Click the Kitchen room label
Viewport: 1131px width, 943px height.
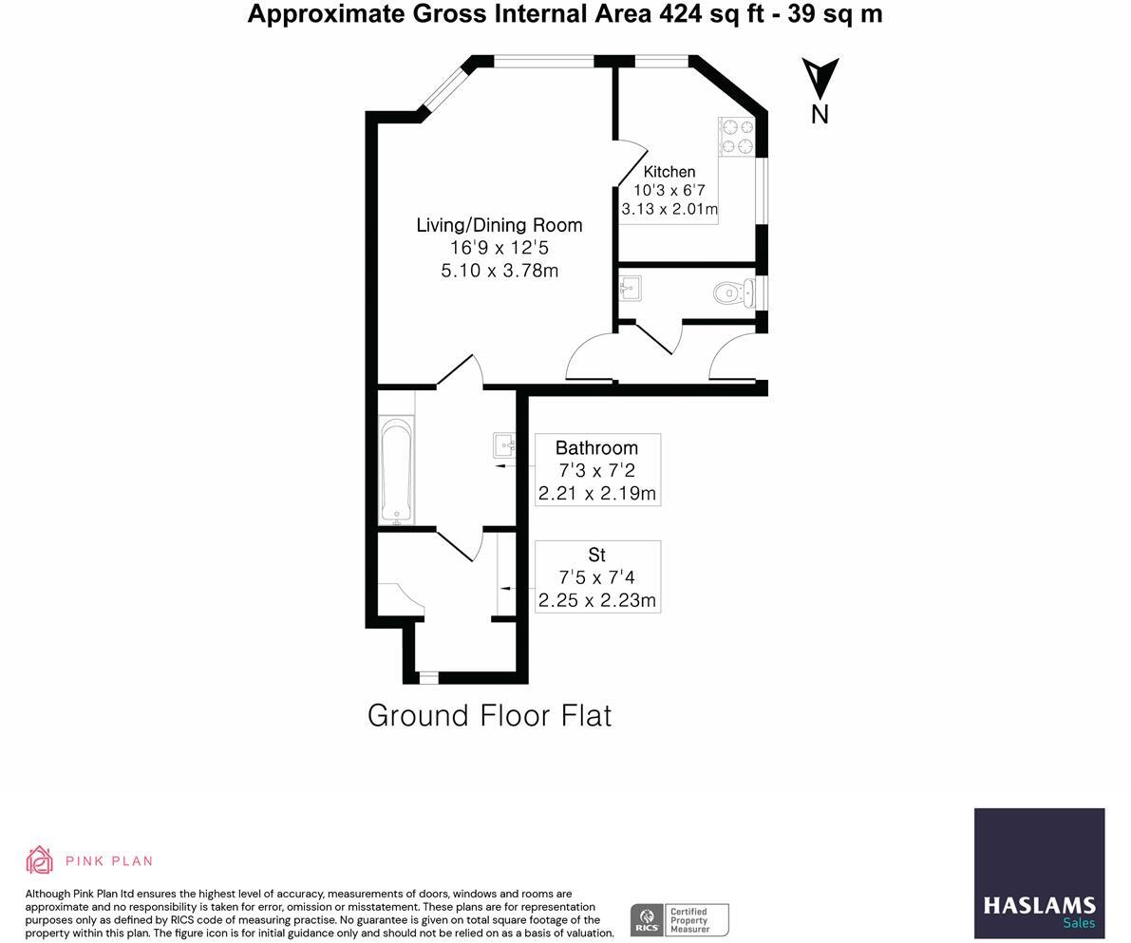[669, 172]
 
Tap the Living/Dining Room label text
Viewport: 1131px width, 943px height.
[500, 225]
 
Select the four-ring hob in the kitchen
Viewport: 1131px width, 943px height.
[736, 136]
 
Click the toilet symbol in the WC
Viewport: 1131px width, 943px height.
[729, 292]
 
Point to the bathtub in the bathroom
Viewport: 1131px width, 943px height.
[396, 470]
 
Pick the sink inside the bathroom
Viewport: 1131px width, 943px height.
[503, 443]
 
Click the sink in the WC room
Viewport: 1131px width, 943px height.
[629, 287]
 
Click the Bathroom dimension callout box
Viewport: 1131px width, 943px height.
[597, 470]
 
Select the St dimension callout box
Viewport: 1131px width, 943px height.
[597, 576]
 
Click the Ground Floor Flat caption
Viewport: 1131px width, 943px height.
[489, 715]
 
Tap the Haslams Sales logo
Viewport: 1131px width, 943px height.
[1039, 873]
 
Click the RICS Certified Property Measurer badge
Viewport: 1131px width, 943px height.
[679, 919]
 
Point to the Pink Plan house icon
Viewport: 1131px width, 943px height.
[39, 860]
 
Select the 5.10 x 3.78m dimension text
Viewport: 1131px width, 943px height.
[500, 271]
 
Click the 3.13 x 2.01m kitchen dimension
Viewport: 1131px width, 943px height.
[669, 209]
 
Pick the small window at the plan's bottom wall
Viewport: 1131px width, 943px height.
[428, 677]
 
